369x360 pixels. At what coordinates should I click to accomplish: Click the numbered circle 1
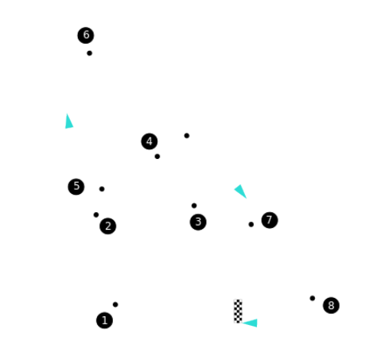click(x=104, y=320)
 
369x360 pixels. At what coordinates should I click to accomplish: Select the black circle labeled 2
click(x=108, y=226)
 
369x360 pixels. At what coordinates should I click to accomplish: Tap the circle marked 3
click(x=198, y=222)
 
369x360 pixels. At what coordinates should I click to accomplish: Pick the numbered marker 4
click(x=150, y=141)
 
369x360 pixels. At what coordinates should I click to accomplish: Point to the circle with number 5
click(x=76, y=187)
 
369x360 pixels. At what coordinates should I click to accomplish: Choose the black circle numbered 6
click(x=86, y=35)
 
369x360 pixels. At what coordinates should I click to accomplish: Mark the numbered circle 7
click(x=270, y=220)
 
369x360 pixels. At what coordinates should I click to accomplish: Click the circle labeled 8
click(x=331, y=305)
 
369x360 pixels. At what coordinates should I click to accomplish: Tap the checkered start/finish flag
click(x=238, y=311)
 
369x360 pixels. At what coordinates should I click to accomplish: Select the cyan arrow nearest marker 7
click(x=241, y=191)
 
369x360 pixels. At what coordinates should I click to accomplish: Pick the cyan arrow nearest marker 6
click(x=68, y=122)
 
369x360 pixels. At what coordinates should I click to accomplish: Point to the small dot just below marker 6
click(x=90, y=53)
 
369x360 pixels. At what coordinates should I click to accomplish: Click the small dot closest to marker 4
click(x=157, y=157)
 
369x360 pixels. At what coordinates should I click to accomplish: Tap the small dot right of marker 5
click(x=102, y=189)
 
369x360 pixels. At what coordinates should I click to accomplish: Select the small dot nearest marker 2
click(x=96, y=215)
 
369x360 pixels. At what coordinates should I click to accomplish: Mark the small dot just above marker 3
click(x=194, y=206)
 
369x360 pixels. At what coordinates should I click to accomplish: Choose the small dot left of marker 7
click(x=251, y=224)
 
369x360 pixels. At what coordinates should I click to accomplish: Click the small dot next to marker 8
click(x=313, y=298)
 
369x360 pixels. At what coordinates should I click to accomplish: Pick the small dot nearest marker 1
click(x=115, y=304)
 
